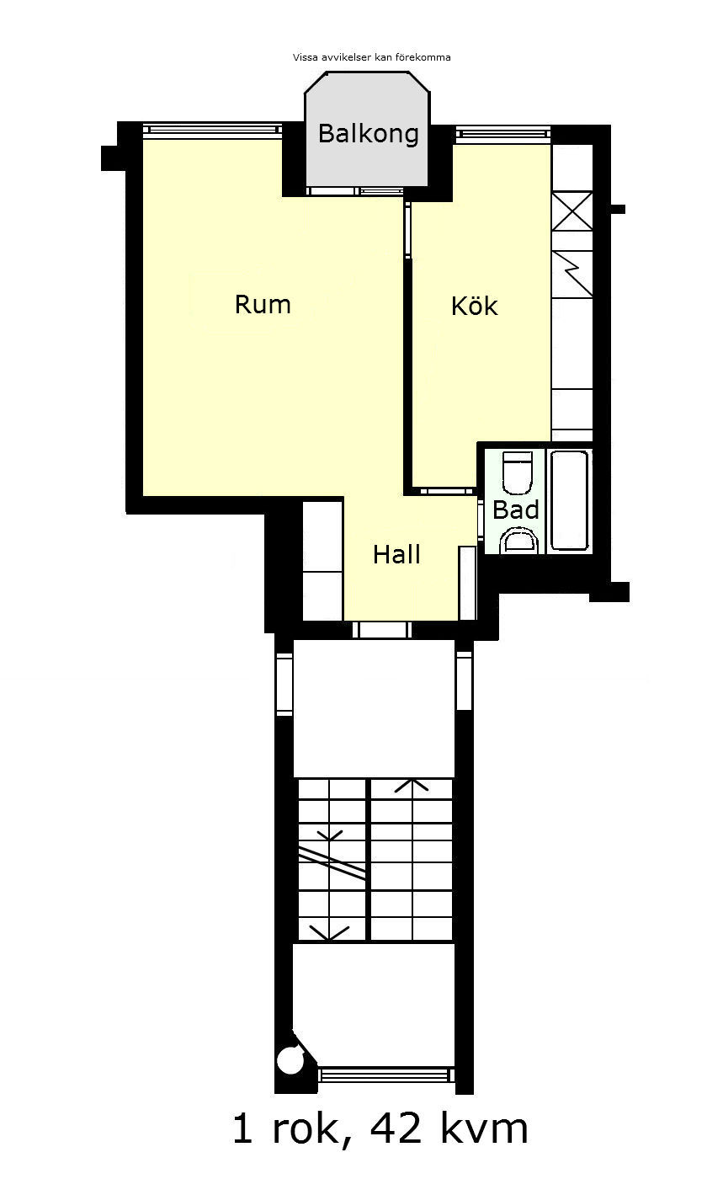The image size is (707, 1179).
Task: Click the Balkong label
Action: point(369,134)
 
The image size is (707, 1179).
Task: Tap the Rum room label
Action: point(263,305)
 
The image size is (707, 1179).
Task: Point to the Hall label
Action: point(396,555)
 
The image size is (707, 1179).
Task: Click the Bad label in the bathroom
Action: point(515,509)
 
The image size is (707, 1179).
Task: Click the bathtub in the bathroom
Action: point(569,500)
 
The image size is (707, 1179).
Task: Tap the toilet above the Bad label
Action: point(518,472)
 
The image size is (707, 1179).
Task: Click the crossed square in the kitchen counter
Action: point(572,211)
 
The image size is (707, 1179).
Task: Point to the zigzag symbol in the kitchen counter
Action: point(572,275)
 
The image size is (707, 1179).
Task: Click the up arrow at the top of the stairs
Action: point(412,785)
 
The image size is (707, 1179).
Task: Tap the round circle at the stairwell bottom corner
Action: point(291,1060)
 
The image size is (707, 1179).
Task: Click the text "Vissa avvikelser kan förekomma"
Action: point(371,57)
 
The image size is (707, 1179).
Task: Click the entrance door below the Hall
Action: point(382,630)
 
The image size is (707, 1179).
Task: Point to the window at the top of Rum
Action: point(212,130)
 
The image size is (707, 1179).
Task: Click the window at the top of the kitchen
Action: point(503,134)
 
